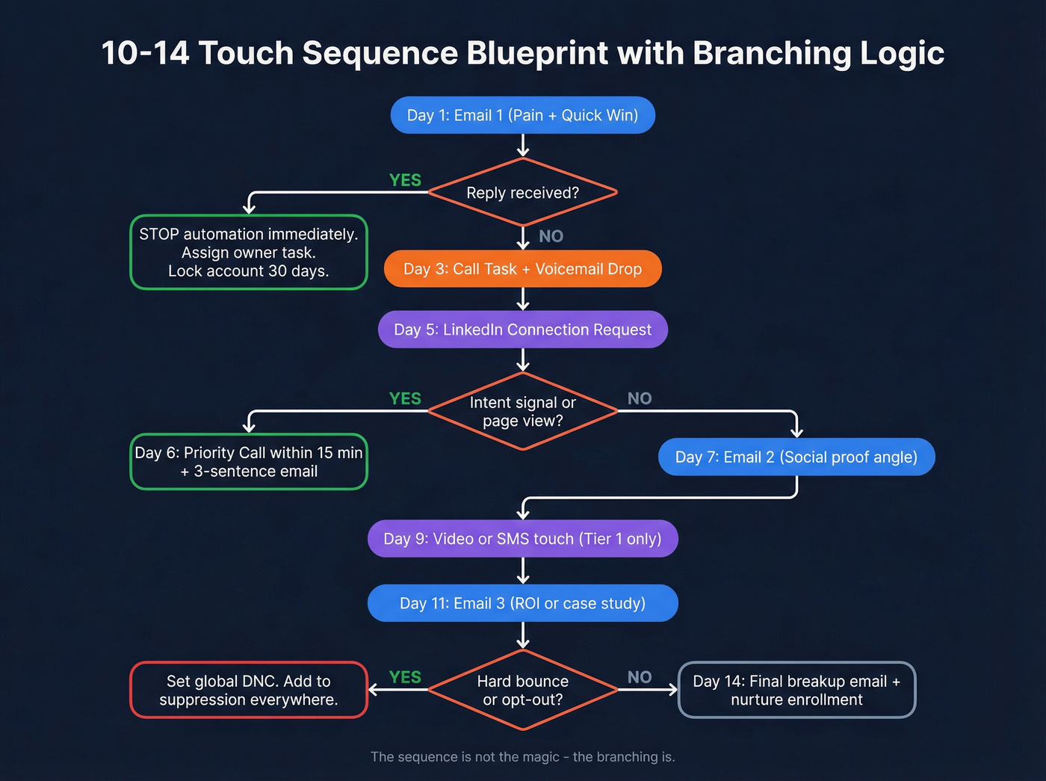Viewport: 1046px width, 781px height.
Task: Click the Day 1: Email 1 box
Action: (x=522, y=115)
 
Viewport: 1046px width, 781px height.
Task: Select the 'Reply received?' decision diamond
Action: (x=522, y=192)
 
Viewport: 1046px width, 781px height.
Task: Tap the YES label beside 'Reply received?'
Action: (x=405, y=180)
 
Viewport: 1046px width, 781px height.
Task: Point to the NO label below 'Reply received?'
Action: (x=551, y=236)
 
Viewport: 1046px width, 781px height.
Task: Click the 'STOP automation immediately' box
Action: (x=249, y=253)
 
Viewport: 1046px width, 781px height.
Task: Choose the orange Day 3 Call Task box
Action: (x=522, y=269)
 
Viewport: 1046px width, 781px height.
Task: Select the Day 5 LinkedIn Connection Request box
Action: (x=522, y=330)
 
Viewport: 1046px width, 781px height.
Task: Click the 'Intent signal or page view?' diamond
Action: (x=522, y=411)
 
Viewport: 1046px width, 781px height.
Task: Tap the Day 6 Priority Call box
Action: (x=249, y=462)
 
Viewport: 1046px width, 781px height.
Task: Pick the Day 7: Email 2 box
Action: (x=796, y=457)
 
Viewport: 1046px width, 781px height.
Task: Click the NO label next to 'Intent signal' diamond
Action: (x=639, y=398)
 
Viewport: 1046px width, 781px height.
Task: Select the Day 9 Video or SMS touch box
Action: (x=522, y=539)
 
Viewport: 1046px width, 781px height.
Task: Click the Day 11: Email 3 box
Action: (x=522, y=603)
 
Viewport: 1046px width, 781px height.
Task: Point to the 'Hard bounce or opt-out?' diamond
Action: (x=522, y=690)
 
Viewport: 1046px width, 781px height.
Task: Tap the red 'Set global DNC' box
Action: (x=249, y=690)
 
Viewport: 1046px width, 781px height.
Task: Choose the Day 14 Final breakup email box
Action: (x=796, y=690)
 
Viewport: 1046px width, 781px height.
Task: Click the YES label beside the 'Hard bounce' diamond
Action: (x=405, y=677)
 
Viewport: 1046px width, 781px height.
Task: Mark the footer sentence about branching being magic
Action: (x=522, y=756)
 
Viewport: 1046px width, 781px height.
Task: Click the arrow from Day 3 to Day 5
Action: (x=523, y=299)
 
